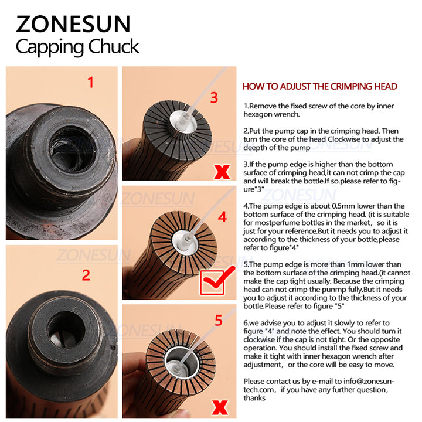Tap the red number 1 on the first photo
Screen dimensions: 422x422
(90, 83)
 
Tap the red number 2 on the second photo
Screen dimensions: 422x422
(86, 275)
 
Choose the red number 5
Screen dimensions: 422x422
(218, 320)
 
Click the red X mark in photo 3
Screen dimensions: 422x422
(222, 172)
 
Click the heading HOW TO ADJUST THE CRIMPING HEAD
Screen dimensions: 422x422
(320, 86)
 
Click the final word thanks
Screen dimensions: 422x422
(253, 398)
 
